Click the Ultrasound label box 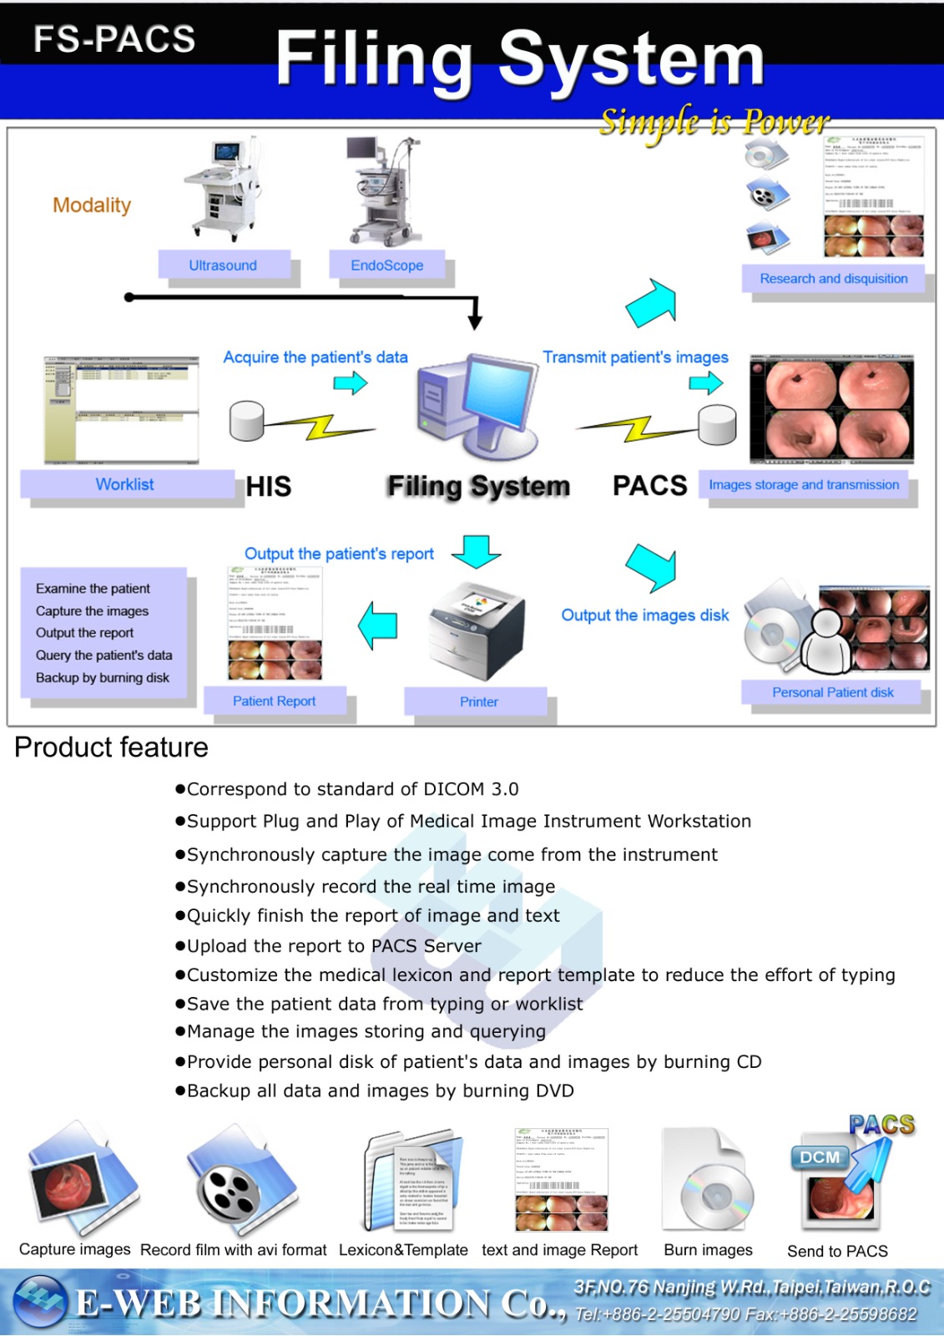(223, 265)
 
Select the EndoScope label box (386, 265)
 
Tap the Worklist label (125, 484)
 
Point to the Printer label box (478, 701)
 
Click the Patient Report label (274, 701)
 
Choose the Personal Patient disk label (832, 692)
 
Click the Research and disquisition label (833, 278)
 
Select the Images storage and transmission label (803, 484)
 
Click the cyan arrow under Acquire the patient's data (351, 383)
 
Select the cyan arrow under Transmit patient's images (706, 383)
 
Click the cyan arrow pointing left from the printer (378, 625)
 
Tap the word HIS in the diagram (269, 486)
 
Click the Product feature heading (111, 747)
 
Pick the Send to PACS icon (841, 1178)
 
